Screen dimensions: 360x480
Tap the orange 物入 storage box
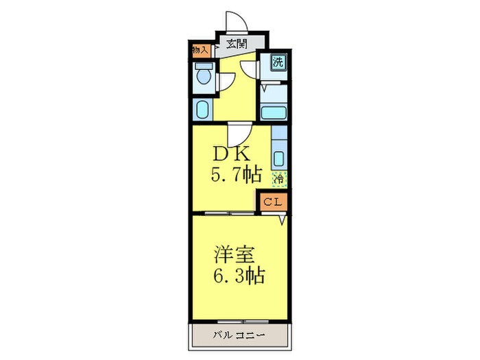(200, 50)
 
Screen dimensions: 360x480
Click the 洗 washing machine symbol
(278, 62)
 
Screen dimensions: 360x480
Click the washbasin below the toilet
(202, 109)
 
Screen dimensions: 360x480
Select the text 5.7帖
(235, 174)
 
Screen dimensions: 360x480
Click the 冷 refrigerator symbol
(279, 178)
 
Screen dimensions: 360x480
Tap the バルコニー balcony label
(237, 335)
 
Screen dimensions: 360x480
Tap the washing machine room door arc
(250, 69)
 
